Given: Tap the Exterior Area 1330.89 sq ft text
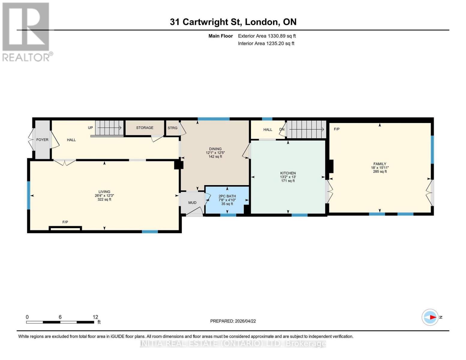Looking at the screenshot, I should [267, 36].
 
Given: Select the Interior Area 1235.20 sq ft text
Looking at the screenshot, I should [266, 43].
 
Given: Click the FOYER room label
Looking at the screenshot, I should [42, 140].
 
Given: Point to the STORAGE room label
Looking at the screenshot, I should [145, 128].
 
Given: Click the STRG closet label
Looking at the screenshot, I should [173, 128].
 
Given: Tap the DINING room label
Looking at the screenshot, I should [215, 149].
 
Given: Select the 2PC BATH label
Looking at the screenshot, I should [227, 196].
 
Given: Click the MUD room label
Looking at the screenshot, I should [192, 203].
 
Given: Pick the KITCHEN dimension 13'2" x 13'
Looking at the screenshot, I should [288, 177].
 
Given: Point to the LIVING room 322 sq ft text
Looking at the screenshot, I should [104, 199].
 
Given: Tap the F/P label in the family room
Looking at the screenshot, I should [337, 129].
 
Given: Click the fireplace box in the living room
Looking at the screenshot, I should [65, 229].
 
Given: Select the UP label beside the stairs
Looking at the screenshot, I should [90, 128].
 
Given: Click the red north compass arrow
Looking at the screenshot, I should [432, 317].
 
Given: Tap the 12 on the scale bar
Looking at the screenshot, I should [95, 317].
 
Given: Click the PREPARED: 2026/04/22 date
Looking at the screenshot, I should [233, 321].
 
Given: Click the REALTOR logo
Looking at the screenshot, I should [26, 32].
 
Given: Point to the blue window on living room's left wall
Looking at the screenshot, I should [29, 195].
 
